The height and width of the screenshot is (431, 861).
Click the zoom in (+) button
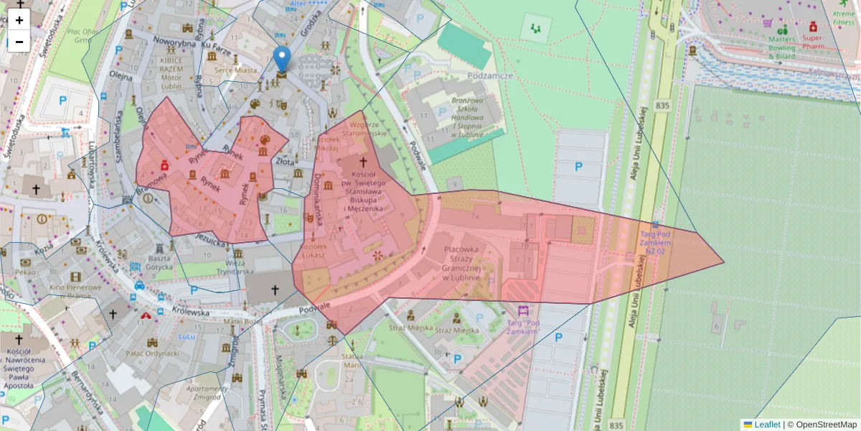tap(19, 20)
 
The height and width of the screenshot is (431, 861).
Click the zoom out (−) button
tap(19, 42)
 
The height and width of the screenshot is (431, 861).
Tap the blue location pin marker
tap(283, 60)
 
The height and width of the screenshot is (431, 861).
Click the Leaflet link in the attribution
tap(767, 425)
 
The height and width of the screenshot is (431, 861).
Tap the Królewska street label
tap(190, 312)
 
